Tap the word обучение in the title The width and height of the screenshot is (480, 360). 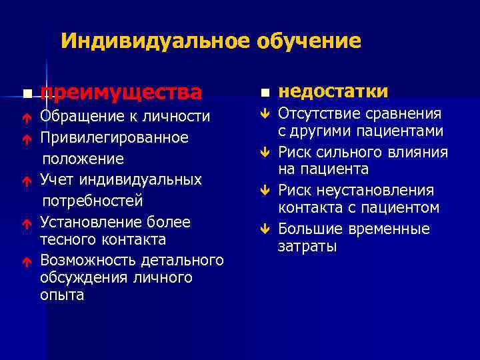click(x=308, y=42)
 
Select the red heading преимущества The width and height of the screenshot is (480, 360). click(x=121, y=91)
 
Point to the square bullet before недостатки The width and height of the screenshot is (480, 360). click(x=265, y=91)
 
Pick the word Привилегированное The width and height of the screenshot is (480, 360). click(x=114, y=137)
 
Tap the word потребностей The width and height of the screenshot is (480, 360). click(x=93, y=201)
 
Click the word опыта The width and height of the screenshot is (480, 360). click(x=62, y=295)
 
